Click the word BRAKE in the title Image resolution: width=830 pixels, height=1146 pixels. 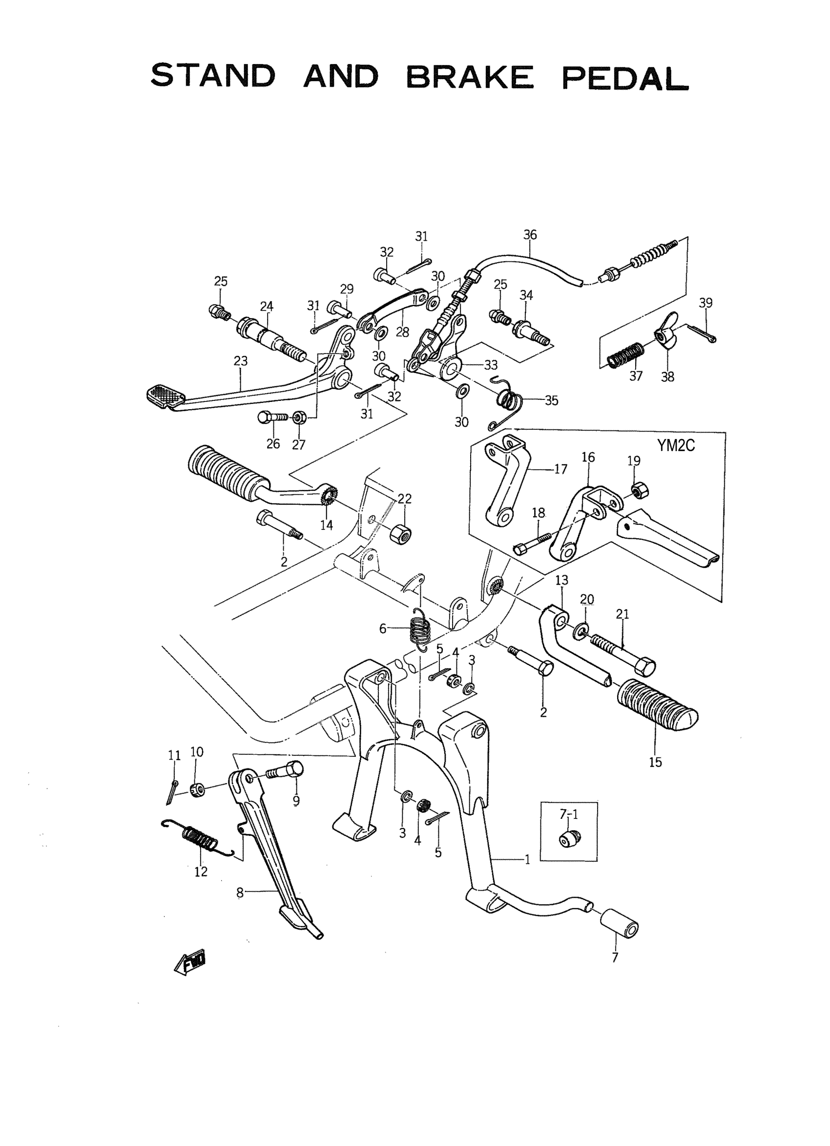469,77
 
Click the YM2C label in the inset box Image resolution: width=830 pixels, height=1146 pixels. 675,446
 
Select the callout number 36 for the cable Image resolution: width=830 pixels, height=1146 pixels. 530,234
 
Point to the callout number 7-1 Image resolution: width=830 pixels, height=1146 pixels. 568,815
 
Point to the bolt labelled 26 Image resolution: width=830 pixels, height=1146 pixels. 272,417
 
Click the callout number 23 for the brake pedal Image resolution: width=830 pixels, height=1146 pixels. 241,361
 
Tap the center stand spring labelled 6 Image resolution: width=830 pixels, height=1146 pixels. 420,628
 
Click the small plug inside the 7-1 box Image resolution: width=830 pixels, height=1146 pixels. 568,837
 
